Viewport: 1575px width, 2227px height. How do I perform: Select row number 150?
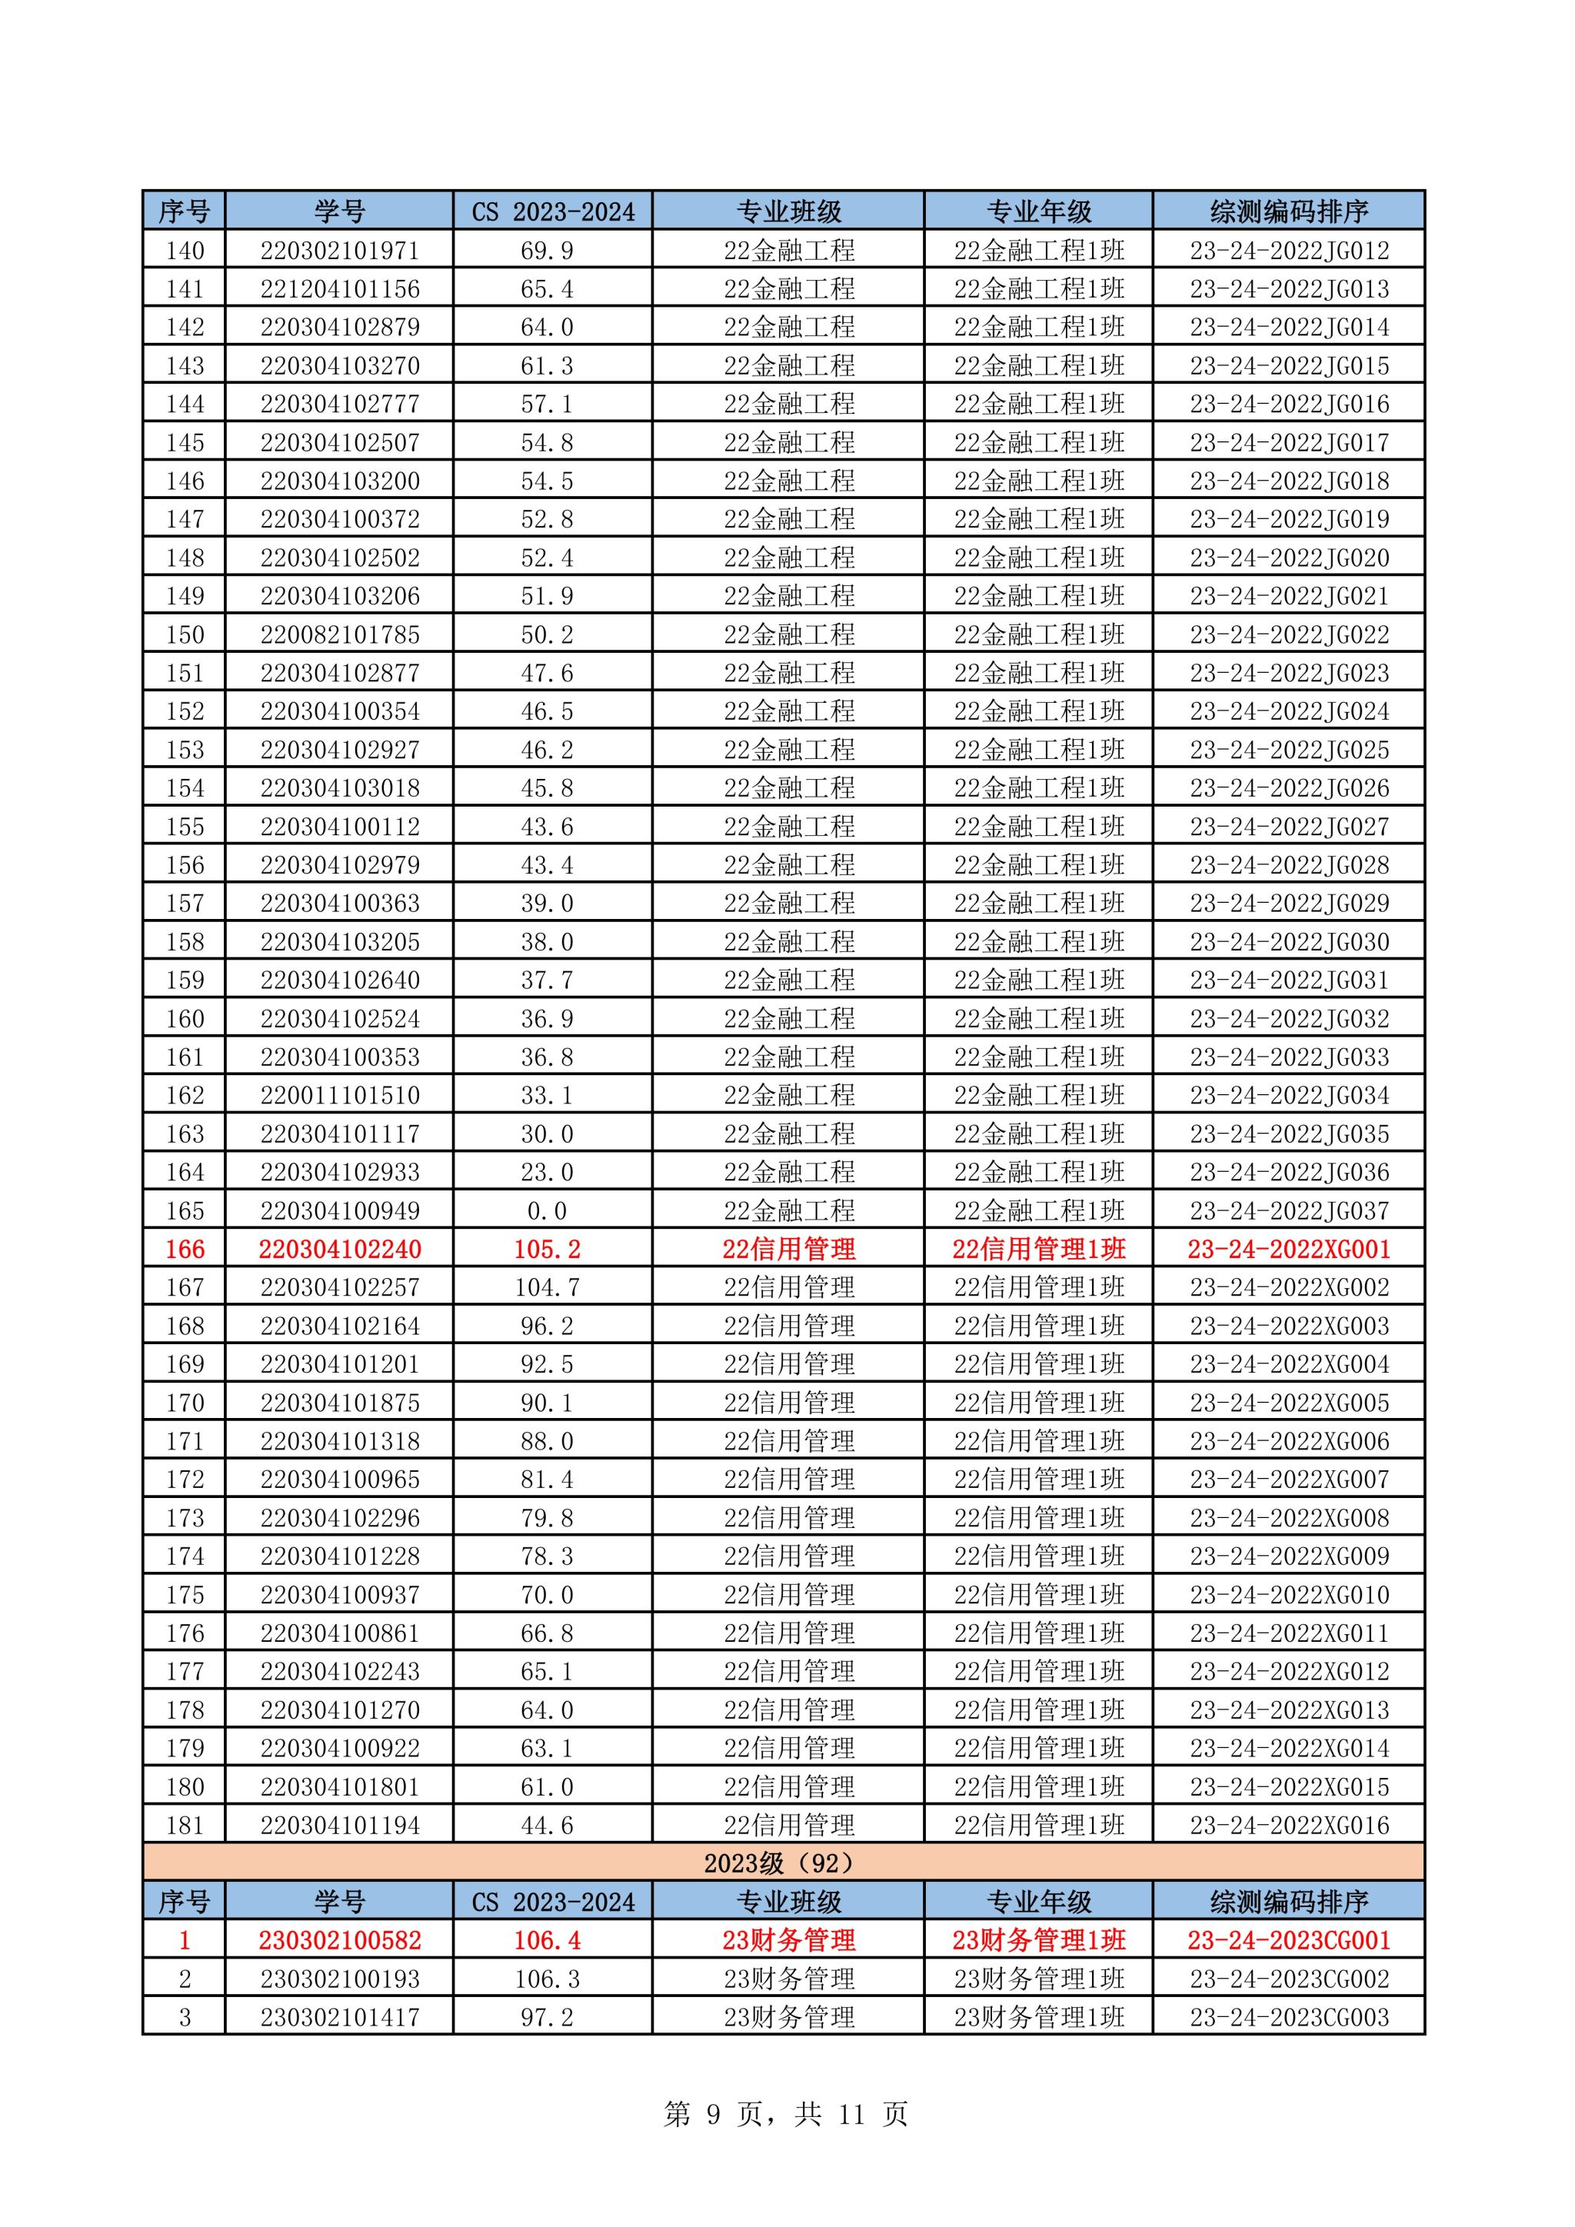(185, 634)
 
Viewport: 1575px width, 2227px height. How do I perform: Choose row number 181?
(185, 1826)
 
